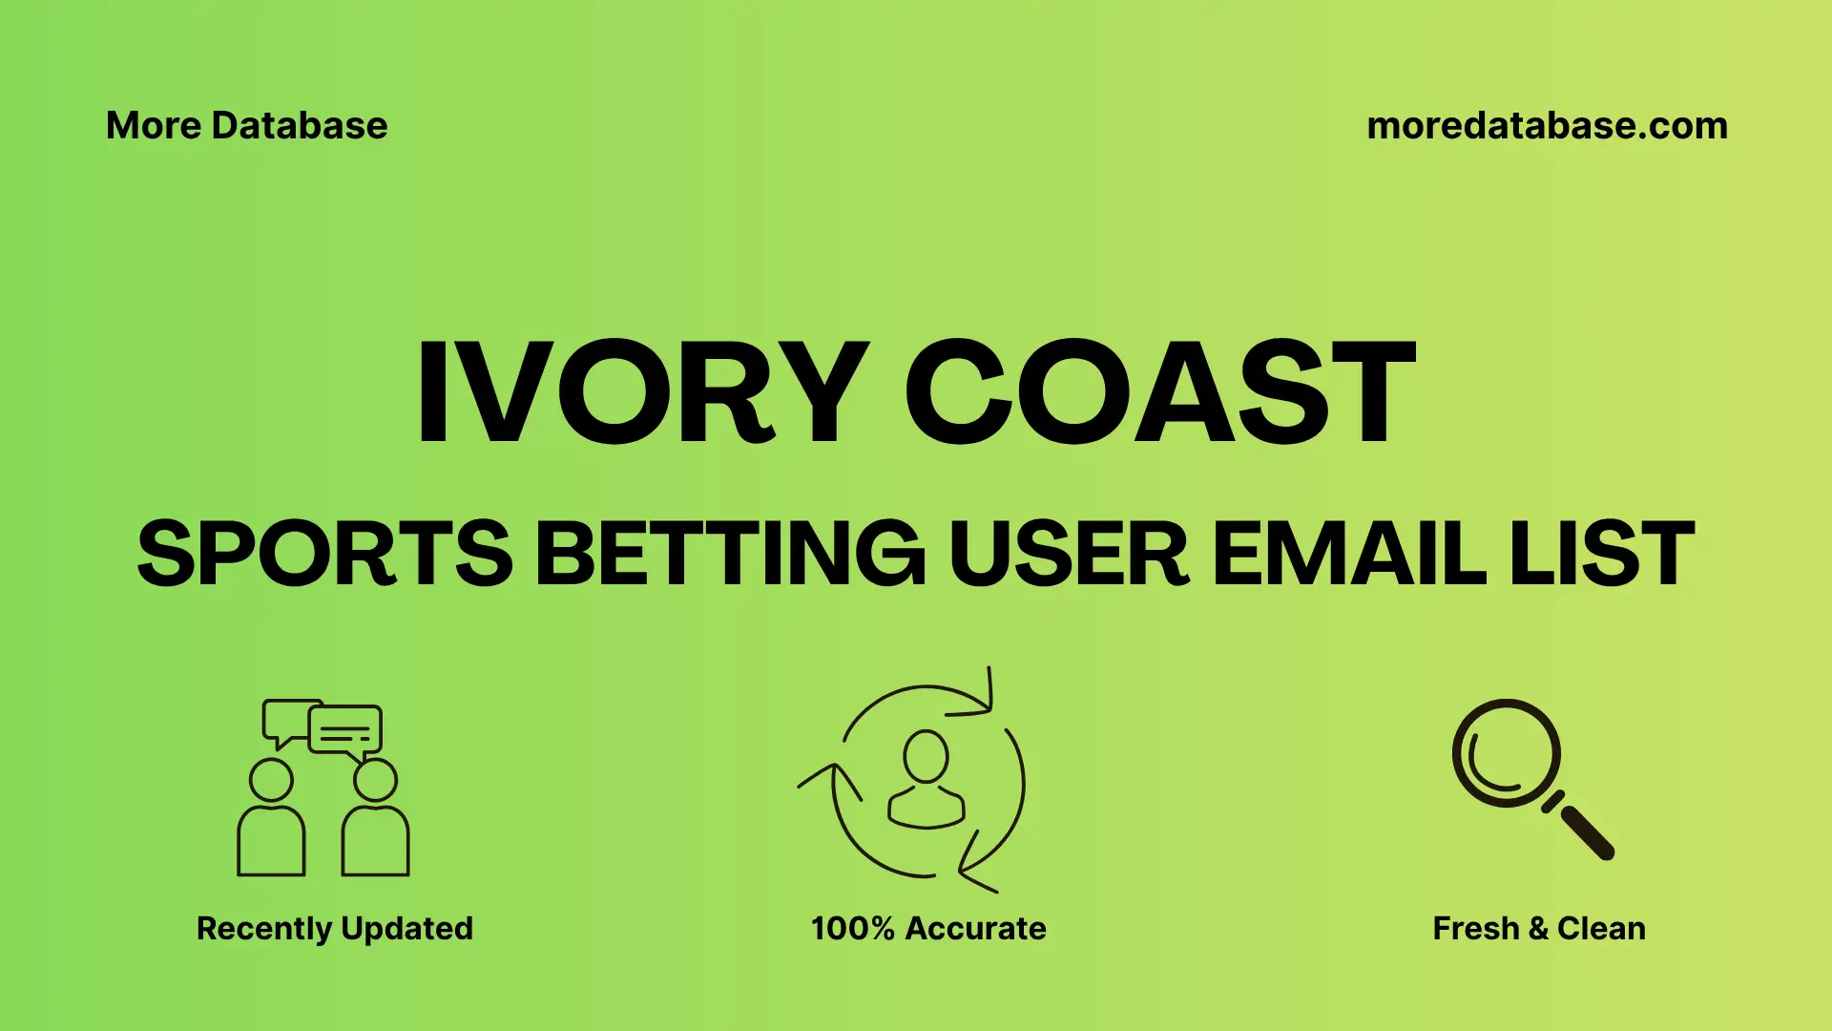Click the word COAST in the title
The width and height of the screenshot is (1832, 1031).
(1159, 393)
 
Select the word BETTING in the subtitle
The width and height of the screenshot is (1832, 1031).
(730, 554)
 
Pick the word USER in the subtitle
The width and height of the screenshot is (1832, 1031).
(1069, 554)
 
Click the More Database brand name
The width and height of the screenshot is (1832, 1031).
(246, 126)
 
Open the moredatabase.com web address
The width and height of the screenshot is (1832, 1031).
(1547, 126)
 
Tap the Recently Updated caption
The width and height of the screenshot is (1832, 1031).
(334, 928)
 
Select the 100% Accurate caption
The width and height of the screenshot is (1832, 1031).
(928, 928)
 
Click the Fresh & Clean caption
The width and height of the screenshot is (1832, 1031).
(1539, 928)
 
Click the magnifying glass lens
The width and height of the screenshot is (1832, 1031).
(1506, 753)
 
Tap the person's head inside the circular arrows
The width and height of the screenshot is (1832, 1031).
(926, 756)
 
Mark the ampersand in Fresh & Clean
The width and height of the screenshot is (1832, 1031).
(1537, 929)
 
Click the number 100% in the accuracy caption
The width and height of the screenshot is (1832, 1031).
(852, 928)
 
